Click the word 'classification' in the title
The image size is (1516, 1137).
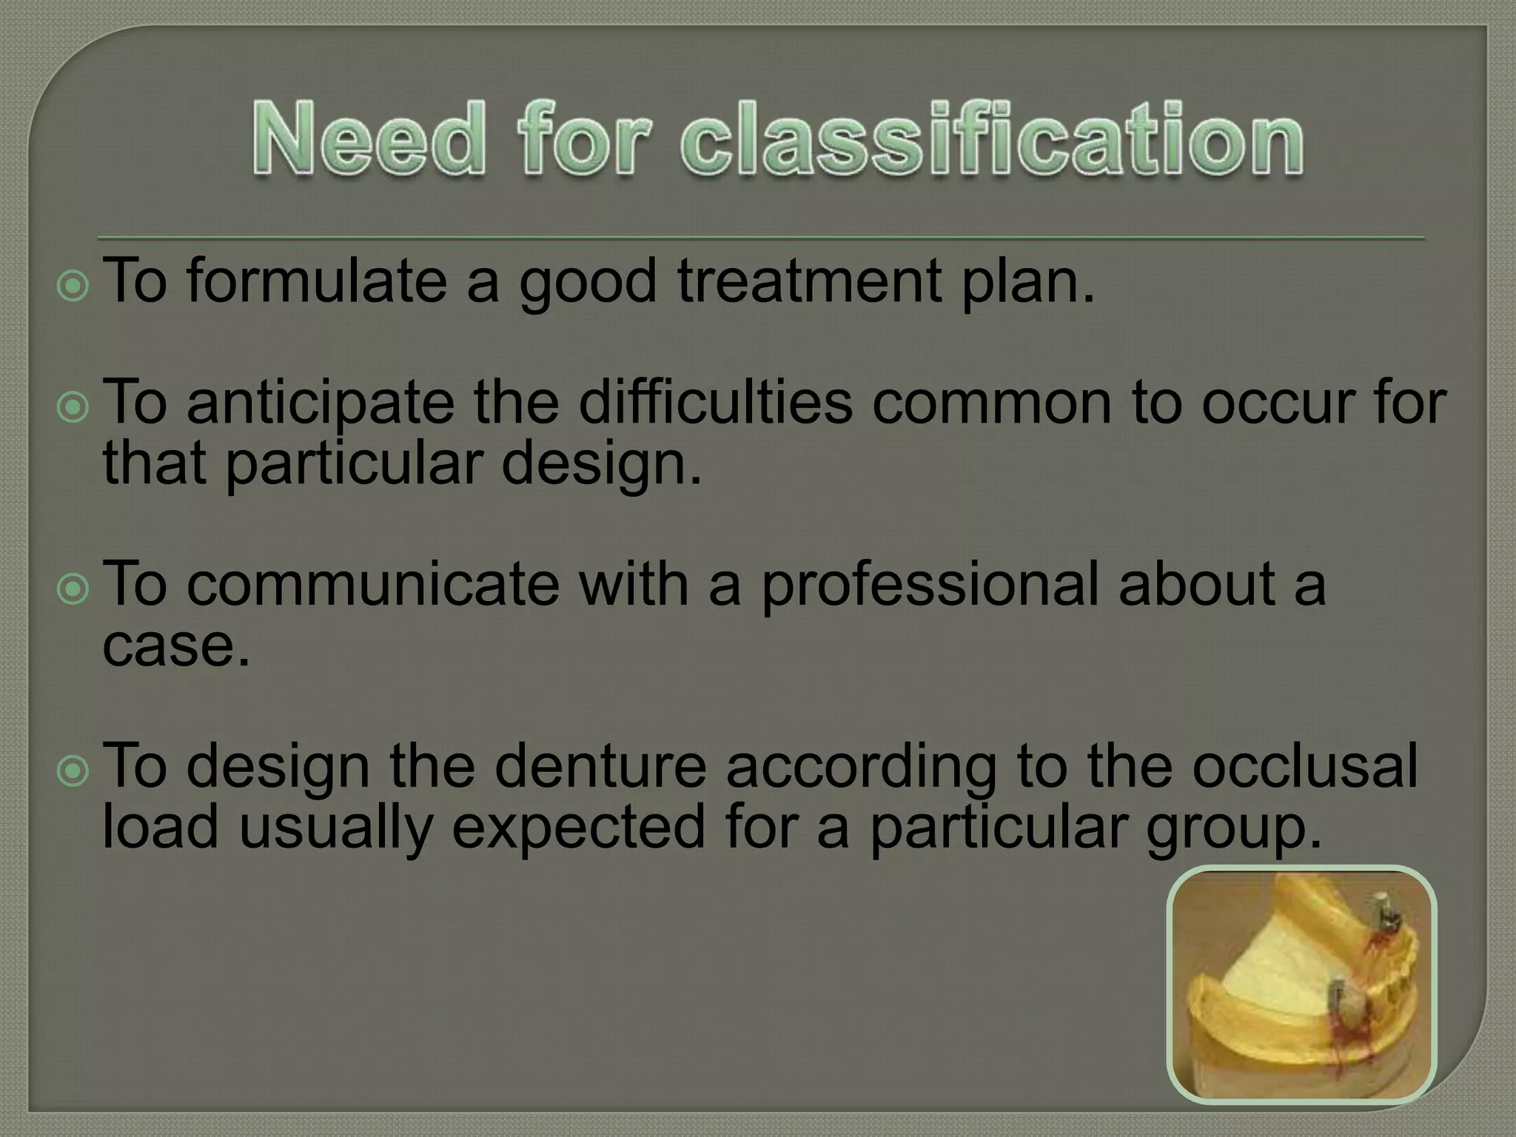[x=991, y=140]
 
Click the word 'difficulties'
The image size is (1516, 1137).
[x=715, y=403]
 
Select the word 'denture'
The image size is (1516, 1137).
[x=600, y=767]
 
